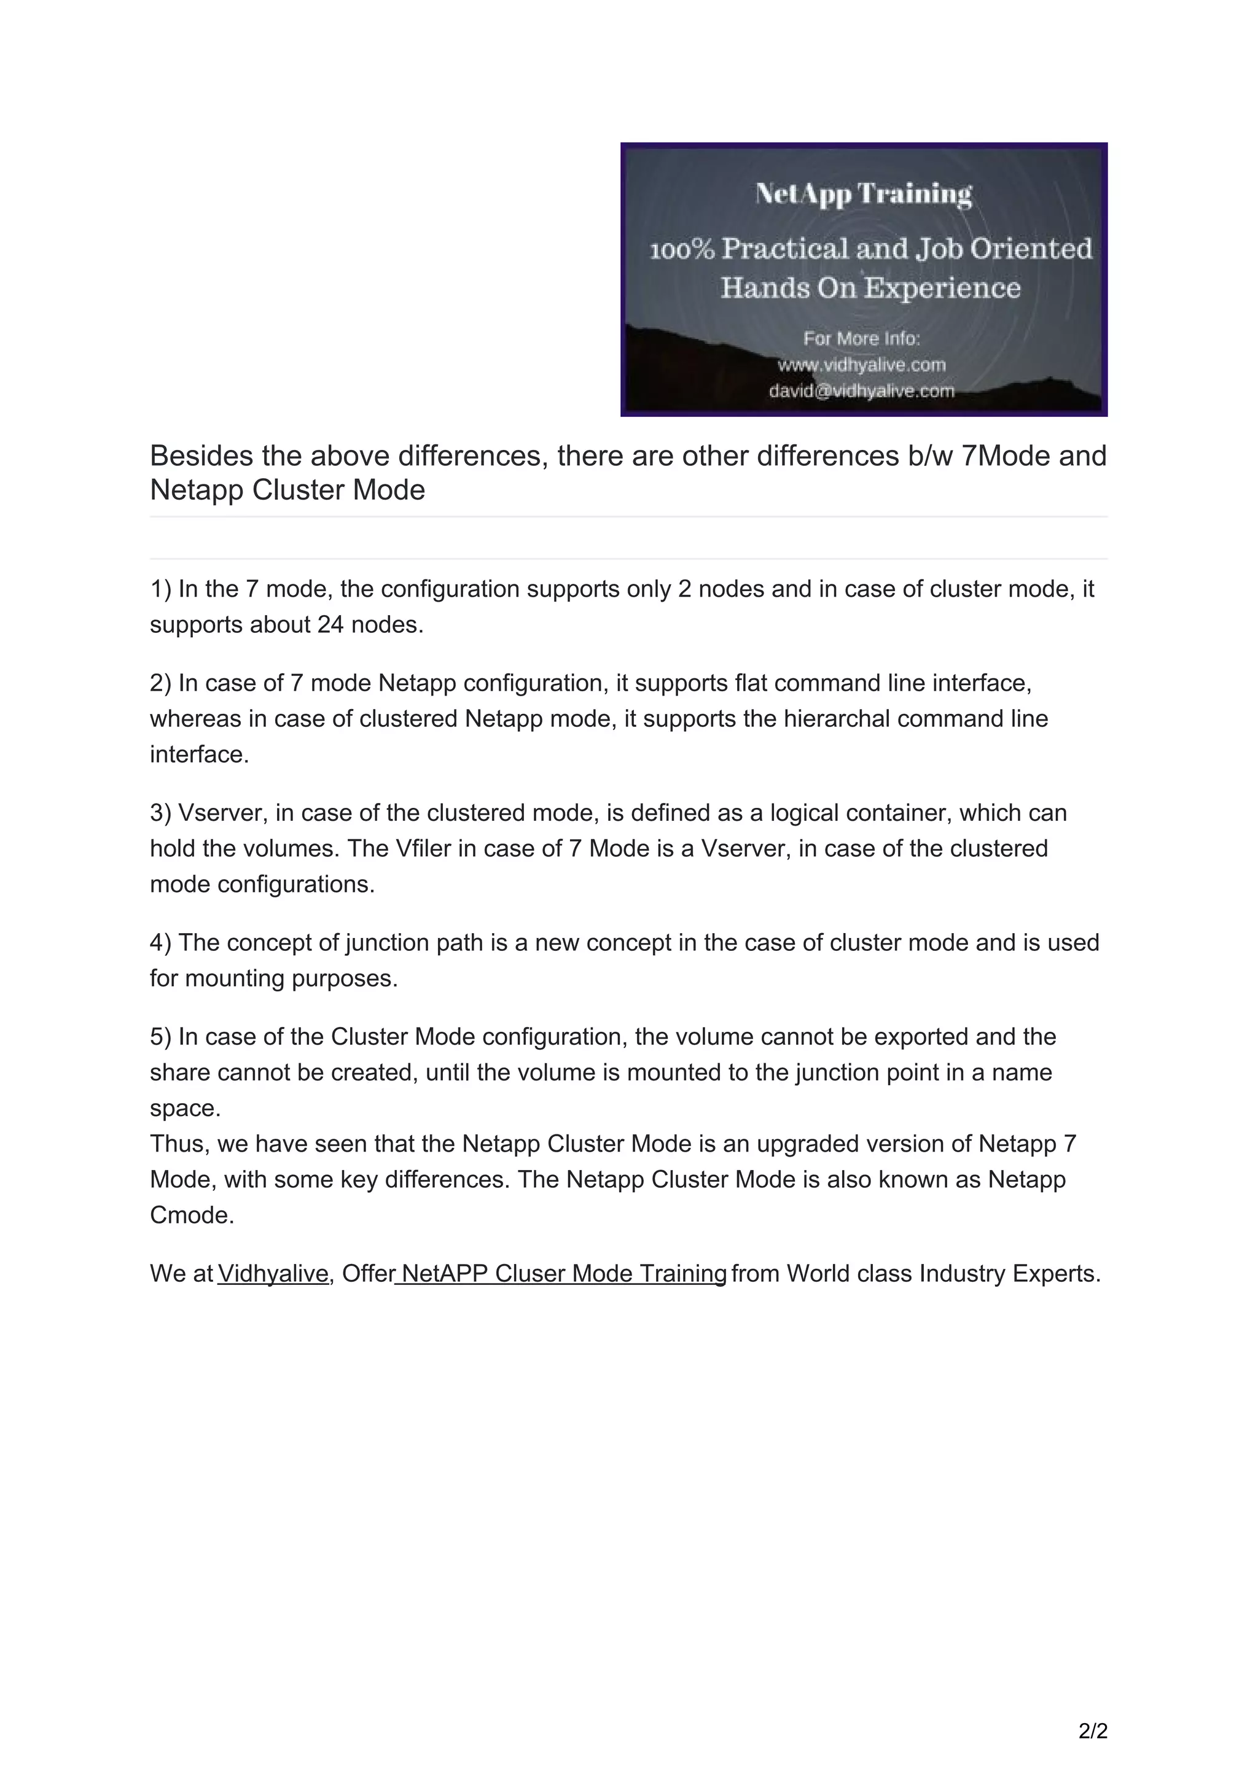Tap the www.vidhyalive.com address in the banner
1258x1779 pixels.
point(862,364)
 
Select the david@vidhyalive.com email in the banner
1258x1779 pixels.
point(862,391)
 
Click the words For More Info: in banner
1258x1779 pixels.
point(861,339)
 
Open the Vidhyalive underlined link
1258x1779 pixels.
point(273,1274)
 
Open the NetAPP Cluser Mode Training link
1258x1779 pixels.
point(563,1274)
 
